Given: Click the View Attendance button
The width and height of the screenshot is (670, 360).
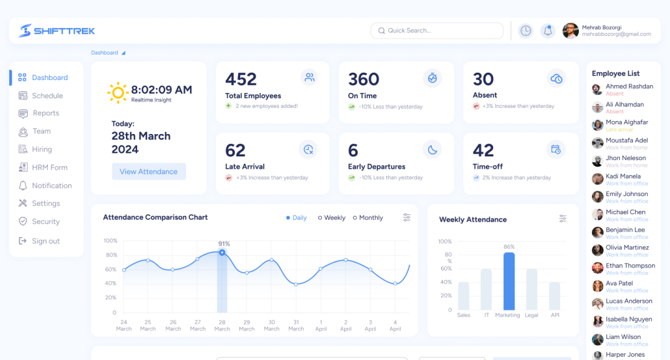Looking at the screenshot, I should pyautogui.click(x=148, y=172).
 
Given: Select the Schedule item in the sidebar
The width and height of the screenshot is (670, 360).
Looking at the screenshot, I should pyautogui.click(x=47, y=96).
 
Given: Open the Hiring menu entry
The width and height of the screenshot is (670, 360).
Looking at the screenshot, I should pyautogui.click(x=42, y=150).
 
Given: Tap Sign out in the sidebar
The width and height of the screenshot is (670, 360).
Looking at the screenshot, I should pyautogui.click(x=45, y=241).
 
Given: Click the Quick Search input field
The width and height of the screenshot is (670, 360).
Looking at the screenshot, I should pyautogui.click(x=437, y=30).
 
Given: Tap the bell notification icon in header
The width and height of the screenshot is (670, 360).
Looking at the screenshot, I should pyautogui.click(x=547, y=30).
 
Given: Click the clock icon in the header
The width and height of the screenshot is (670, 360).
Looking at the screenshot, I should pyautogui.click(x=525, y=30).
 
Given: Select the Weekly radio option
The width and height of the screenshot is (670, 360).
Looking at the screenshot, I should pyautogui.click(x=332, y=218).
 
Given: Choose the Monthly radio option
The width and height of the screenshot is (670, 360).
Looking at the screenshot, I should pyautogui.click(x=368, y=218).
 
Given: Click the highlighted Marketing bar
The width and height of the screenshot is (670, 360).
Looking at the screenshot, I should pyautogui.click(x=509, y=281).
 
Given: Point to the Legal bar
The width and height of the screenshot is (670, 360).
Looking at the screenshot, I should pyautogui.click(x=532, y=289).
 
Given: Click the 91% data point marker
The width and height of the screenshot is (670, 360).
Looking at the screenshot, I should pyautogui.click(x=222, y=253).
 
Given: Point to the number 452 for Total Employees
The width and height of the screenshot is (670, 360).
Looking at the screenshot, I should pyautogui.click(x=241, y=79).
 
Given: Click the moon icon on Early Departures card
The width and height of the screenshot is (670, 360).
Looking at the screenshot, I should pyautogui.click(x=432, y=149).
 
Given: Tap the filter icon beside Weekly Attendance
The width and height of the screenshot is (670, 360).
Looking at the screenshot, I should pyautogui.click(x=563, y=218).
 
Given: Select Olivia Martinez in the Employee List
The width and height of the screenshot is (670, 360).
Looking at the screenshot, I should pyautogui.click(x=627, y=248).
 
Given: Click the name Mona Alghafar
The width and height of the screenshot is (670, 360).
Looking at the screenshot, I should pyautogui.click(x=627, y=122).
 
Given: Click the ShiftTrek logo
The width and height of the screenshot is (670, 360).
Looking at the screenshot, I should pyautogui.click(x=57, y=30).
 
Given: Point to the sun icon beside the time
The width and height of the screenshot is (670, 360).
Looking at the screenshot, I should pyautogui.click(x=117, y=93).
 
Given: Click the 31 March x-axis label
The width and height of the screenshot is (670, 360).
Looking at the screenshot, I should pyautogui.click(x=296, y=325).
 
